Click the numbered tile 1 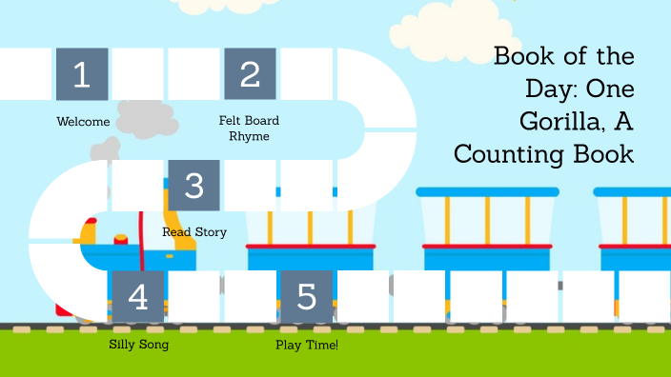82,74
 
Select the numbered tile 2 251,74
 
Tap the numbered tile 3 194,186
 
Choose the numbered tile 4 138,297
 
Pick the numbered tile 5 307,297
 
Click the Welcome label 83,122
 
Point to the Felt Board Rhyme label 250,129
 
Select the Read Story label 194,232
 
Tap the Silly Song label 139,345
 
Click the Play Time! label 307,345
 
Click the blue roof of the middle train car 487,191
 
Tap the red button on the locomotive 121,237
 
